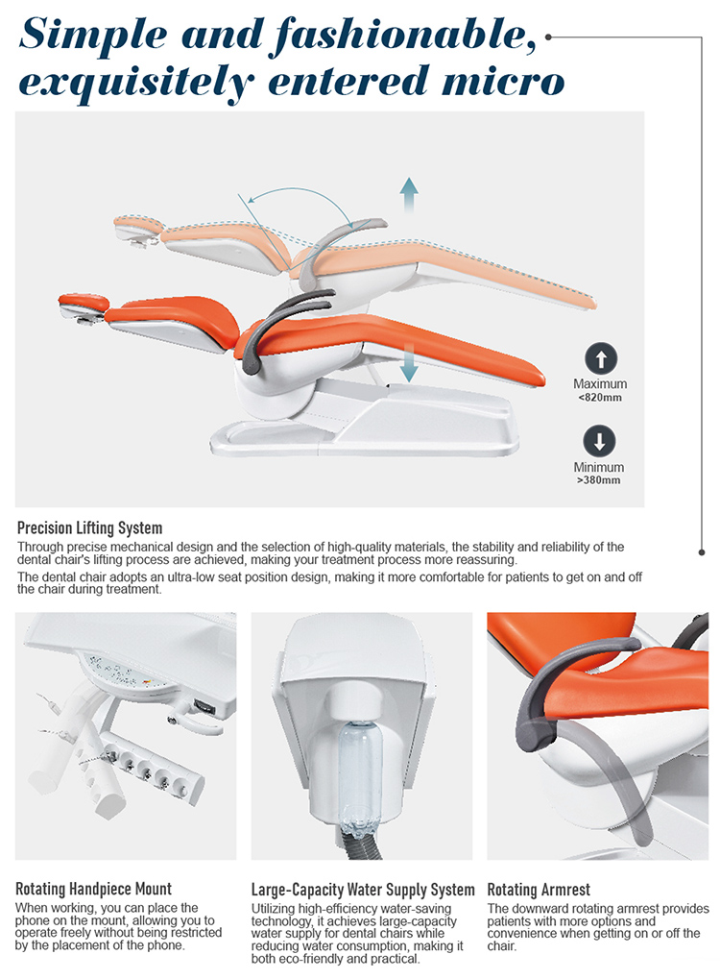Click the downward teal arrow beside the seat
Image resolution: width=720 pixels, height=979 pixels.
point(410,365)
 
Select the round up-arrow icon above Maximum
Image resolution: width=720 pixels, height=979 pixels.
point(600,358)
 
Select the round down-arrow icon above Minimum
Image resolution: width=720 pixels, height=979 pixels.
point(600,442)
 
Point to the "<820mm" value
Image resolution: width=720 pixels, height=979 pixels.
point(600,398)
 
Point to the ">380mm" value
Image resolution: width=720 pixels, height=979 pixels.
point(600,480)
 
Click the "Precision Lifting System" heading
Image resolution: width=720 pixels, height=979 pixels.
point(89,527)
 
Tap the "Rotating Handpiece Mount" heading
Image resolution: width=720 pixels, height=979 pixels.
point(94,889)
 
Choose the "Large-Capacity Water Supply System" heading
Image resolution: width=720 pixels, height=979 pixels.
point(363,889)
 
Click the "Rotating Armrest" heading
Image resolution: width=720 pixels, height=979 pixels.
point(539,889)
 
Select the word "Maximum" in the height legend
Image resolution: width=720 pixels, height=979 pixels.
point(600,384)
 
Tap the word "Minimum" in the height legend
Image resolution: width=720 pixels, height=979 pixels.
point(600,468)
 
